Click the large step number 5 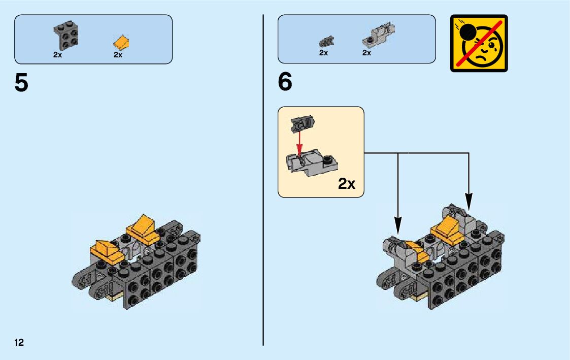(x=21, y=83)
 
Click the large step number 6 (x=285, y=83)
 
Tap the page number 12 (x=19, y=342)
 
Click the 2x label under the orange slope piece (x=118, y=55)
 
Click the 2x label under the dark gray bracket (x=57, y=55)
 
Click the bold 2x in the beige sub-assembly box (x=347, y=183)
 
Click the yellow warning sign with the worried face (x=479, y=43)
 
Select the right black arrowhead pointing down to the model (x=468, y=201)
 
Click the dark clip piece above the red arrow (x=302, y=123)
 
